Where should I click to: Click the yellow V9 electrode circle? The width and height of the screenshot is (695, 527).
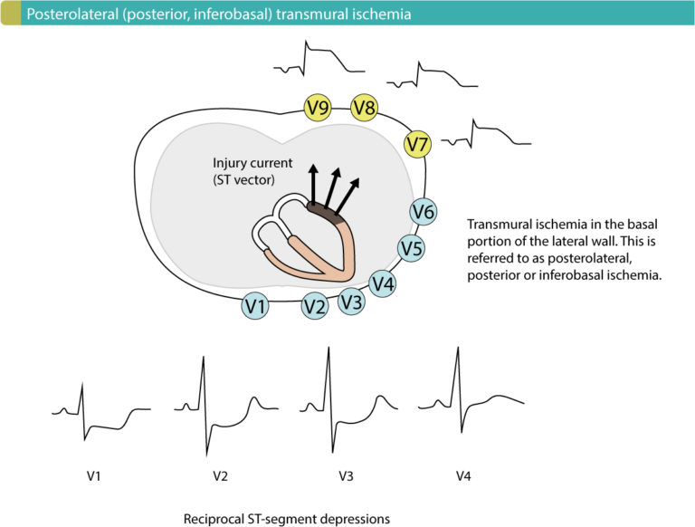[x=318, y=109]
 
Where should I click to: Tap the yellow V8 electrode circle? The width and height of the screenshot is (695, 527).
[x=365, y=109]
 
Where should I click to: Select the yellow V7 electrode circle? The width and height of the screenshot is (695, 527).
[x=417, y=143]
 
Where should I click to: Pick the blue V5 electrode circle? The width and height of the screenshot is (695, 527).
[x=413, y=247]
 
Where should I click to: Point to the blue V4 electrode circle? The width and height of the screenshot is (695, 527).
[x=383, y=283]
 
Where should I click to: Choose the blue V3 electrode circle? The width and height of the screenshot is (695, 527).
[x=352, y=302]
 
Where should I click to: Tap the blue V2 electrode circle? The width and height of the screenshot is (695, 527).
[x=314, y=307]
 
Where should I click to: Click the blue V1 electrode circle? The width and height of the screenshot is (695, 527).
[x=257, y=307]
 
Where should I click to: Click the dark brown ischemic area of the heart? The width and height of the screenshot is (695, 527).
[x=323, y=213]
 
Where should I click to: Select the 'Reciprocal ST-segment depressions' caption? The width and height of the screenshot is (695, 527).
[x=286, y=518]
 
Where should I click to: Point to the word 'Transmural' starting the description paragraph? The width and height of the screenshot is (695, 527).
[x=500, y=225]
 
